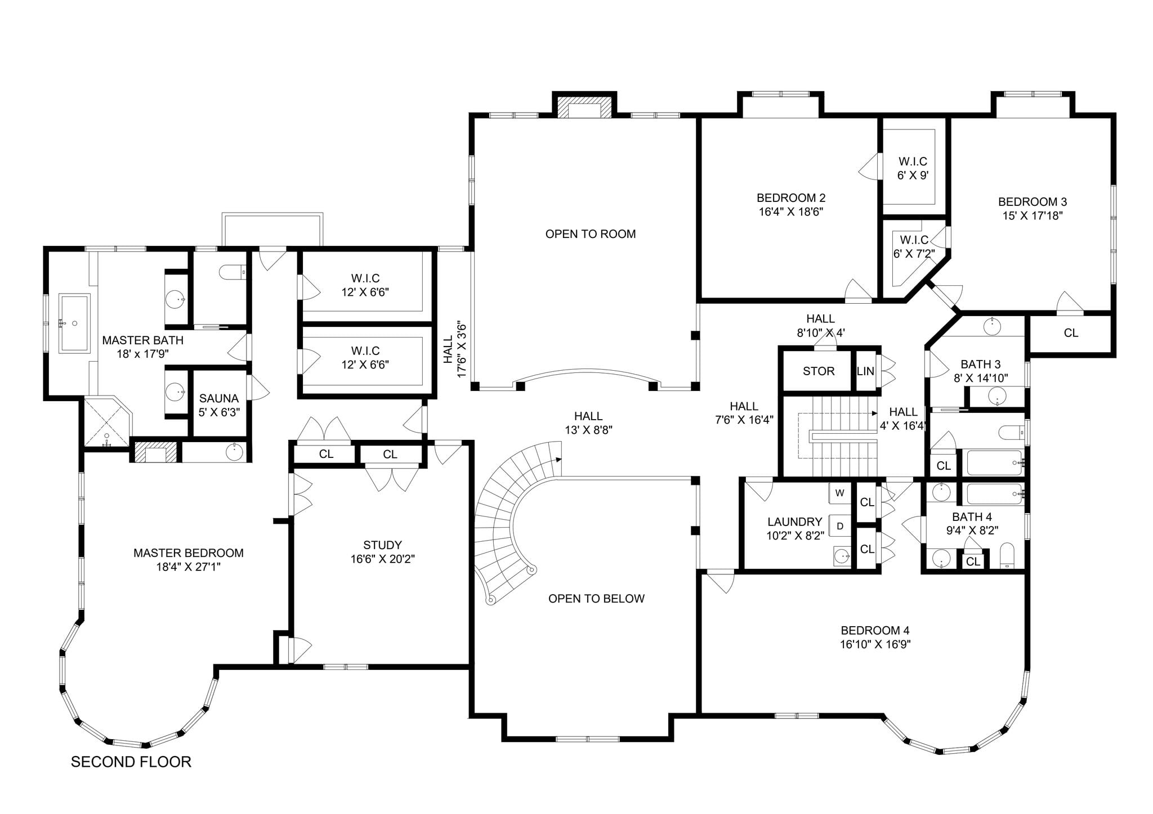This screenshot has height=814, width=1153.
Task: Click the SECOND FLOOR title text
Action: tap(131, 762)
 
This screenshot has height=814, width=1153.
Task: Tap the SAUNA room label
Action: tap(219, 398)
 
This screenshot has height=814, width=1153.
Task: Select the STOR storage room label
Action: tap(819, 371)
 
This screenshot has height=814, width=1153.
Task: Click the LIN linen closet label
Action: tap(865, 371)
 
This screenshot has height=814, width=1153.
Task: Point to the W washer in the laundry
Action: tap(839, 493)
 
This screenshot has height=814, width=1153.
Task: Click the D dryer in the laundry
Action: tap(840, 526)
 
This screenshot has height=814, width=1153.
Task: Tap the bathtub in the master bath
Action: tap(74, 323)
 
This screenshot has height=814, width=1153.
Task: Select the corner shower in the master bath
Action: tap(107, 422)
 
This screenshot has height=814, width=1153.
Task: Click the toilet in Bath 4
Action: tap(1007, 556)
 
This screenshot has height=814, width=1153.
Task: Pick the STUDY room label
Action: tap(382, 545)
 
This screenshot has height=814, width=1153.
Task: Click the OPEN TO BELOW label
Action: tap(596, 599)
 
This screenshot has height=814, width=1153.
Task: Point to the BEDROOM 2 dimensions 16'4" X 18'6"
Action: tap(791, 212)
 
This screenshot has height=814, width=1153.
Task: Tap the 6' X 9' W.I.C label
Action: tap(913, 176)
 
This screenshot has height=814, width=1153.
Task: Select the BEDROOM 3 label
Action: tap(1033, 201)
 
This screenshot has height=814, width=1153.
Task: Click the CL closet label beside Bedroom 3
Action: tap(1071, 333)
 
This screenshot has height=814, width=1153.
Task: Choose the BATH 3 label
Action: tap(980, 364)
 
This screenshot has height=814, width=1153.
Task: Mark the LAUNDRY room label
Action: tap(794, 522)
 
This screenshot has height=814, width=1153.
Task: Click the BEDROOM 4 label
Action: tap(875, 631)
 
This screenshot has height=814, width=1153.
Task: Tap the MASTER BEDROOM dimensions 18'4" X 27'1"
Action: tap(188, 567)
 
